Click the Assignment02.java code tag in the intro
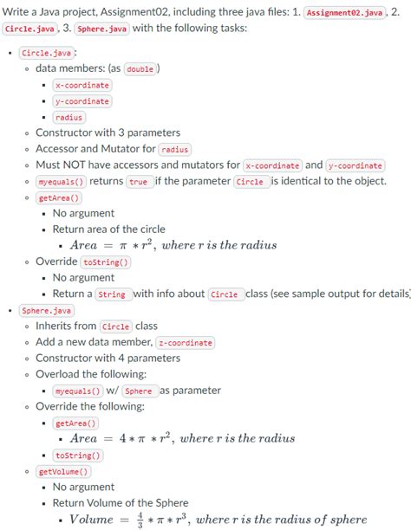344,12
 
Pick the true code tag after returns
138,182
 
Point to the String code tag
113,294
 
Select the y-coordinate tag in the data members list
82,101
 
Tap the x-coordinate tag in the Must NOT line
272,165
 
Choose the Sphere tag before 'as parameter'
138,391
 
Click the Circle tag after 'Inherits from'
117,326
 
